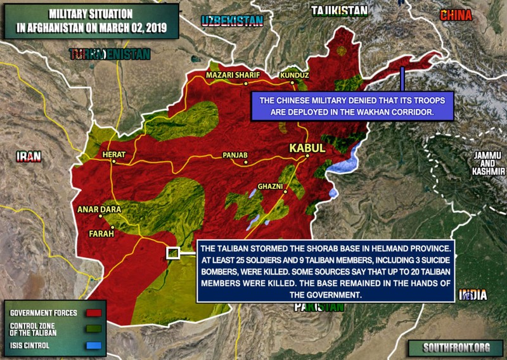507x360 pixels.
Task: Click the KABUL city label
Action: point(307,148)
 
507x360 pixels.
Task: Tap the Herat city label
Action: point(115,155)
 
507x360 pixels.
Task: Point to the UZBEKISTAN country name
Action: point(232,21)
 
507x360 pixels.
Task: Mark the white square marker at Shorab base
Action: point(172,253)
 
